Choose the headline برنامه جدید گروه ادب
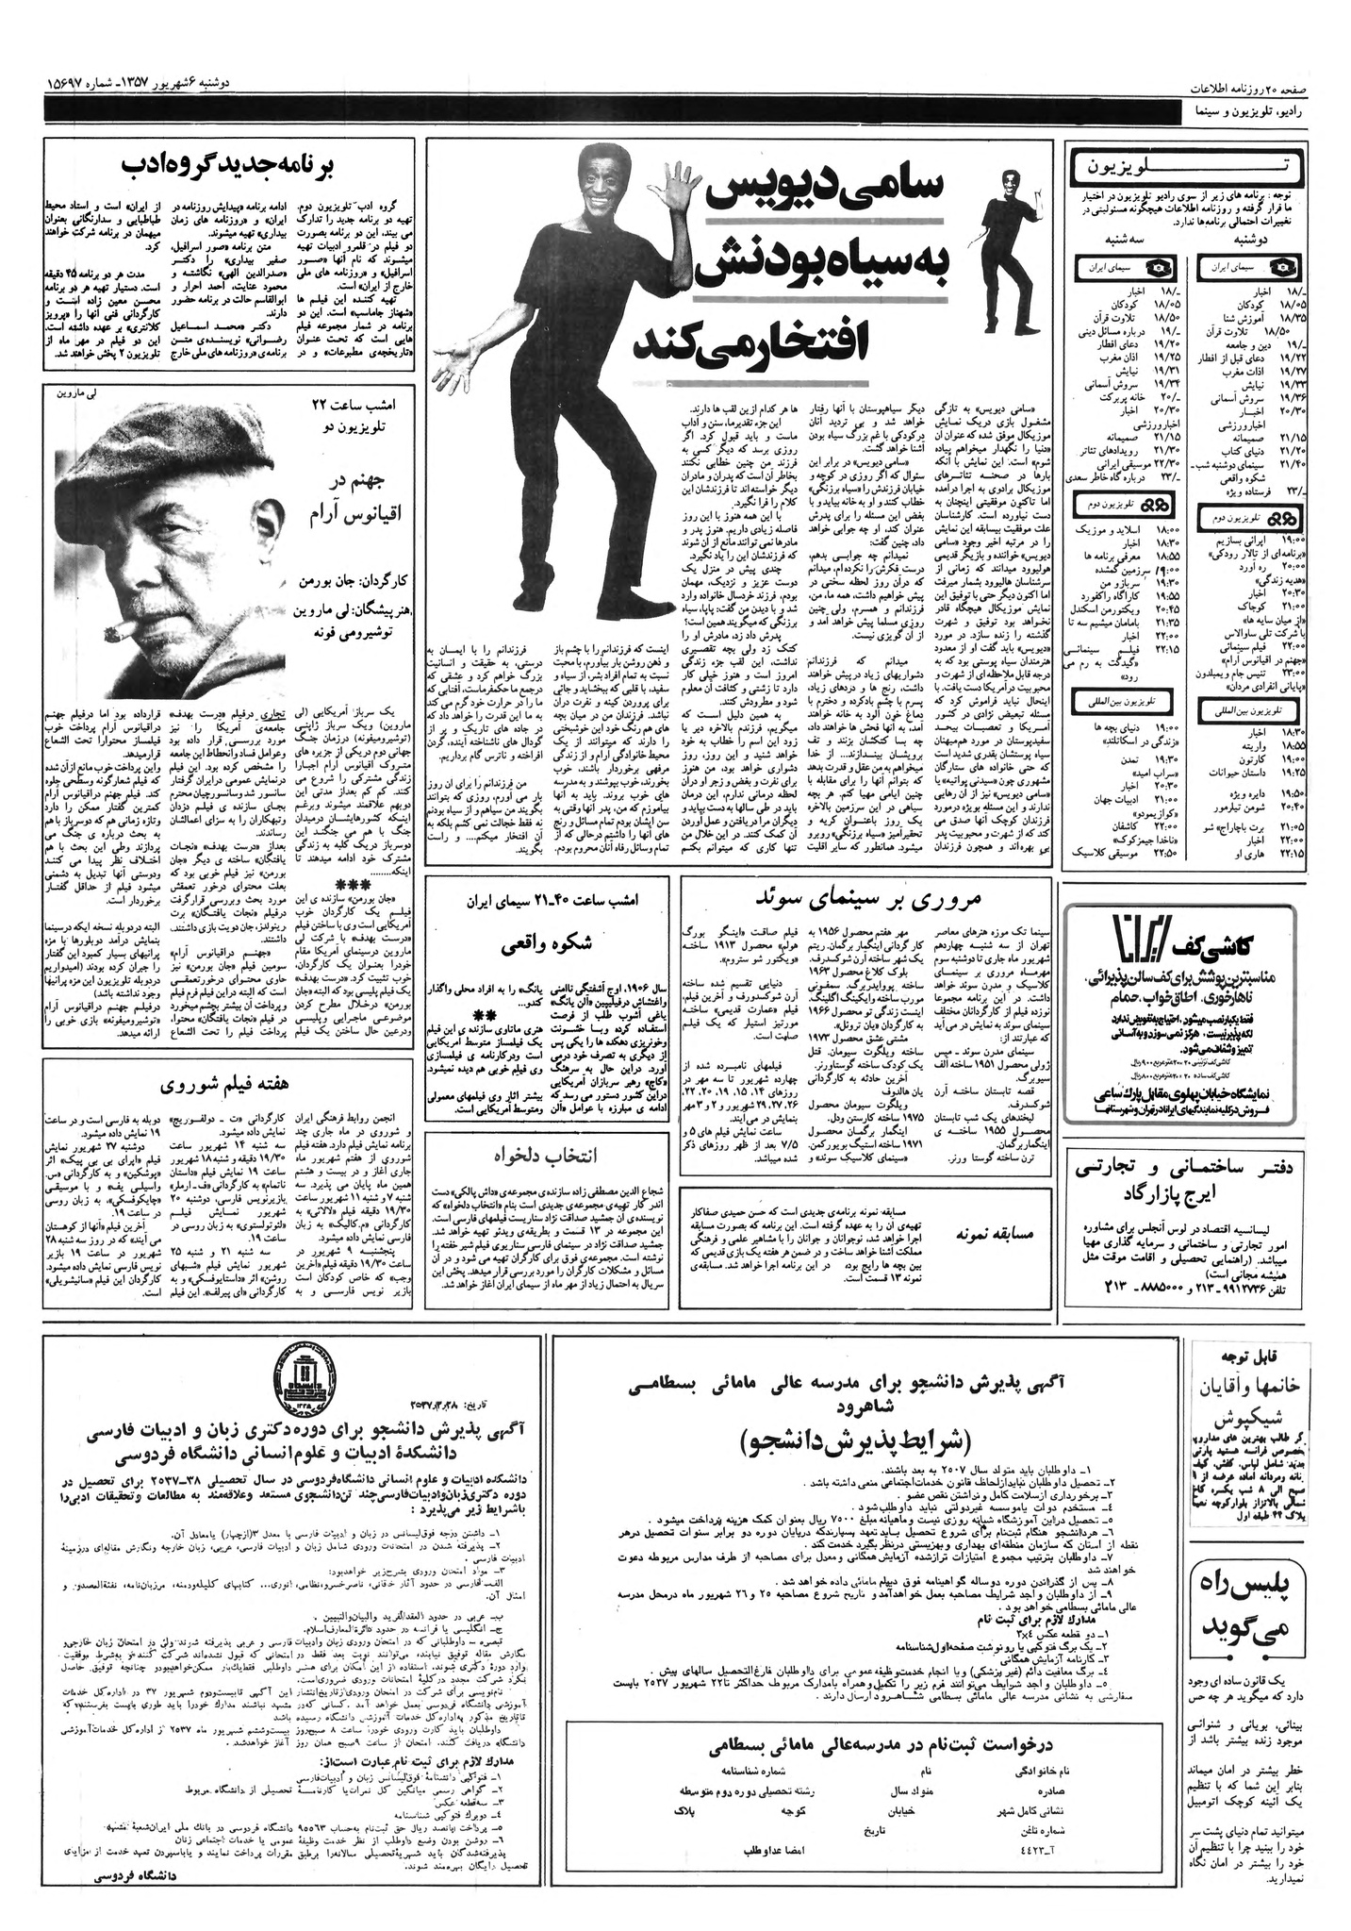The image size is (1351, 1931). click(x=228, y=166)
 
